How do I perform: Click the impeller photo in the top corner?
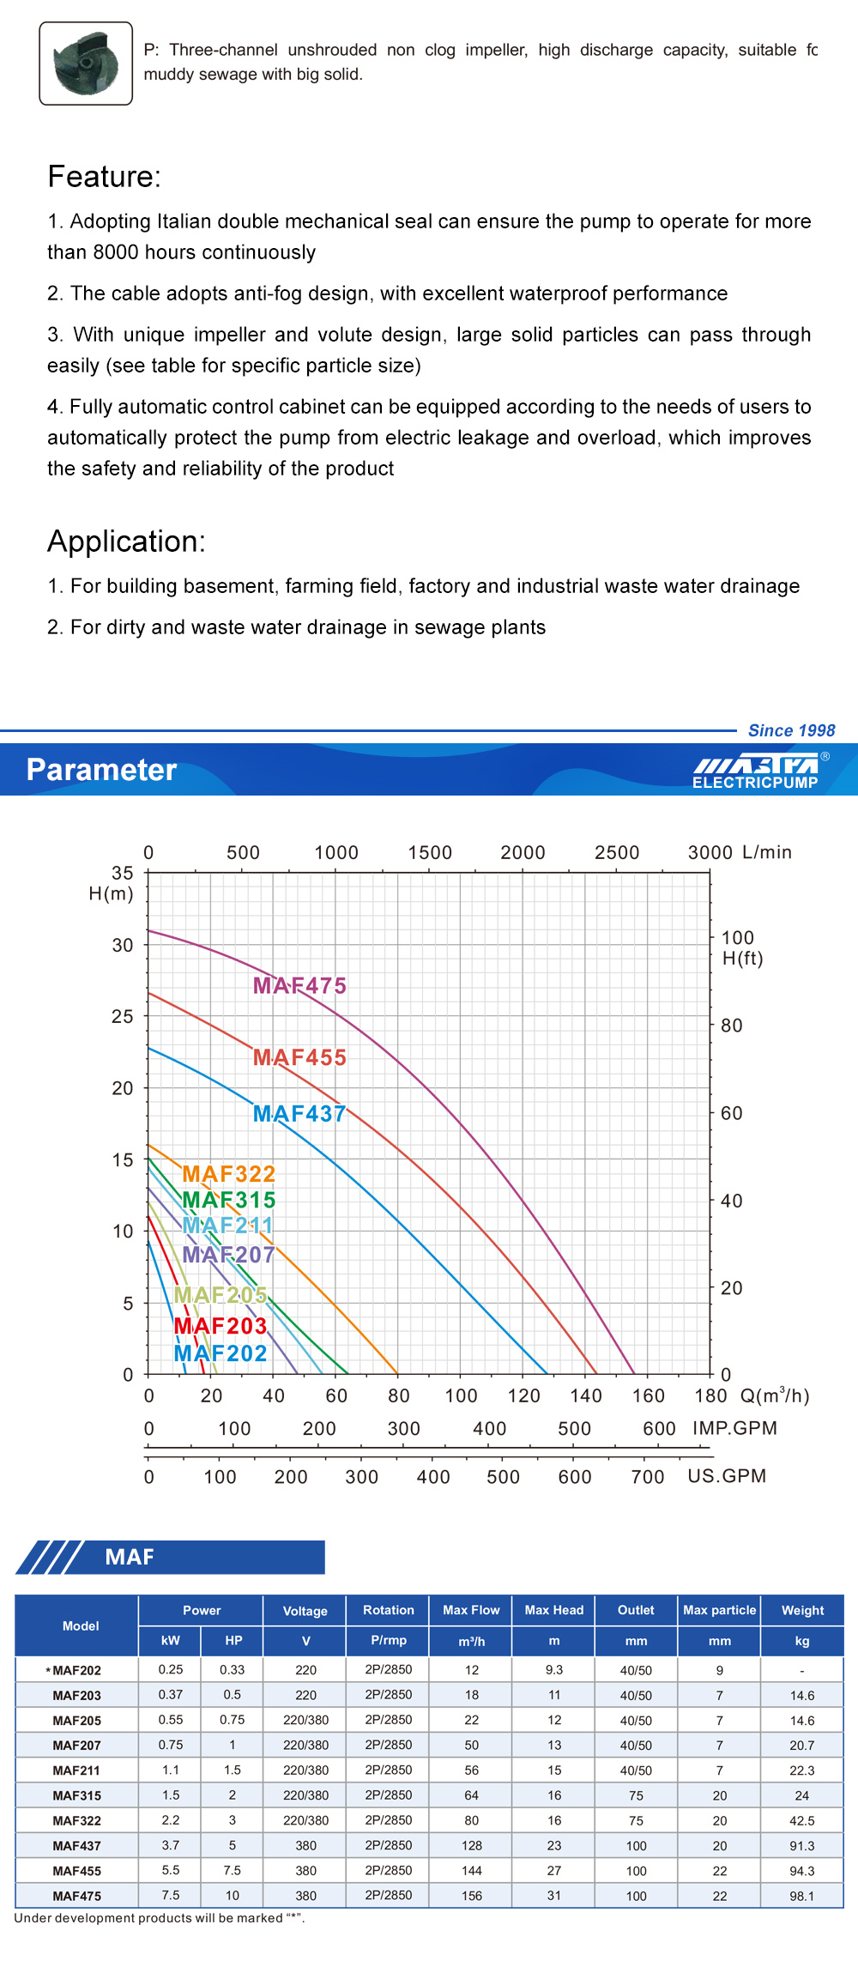[x=86, y=64]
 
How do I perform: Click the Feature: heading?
[x=104, y=177]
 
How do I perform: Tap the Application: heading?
[x=126, y=542]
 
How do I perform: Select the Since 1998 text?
[x=791, y=730]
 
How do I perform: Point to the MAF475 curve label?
[x=299, y=985]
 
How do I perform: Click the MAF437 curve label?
[x=299, y=1114]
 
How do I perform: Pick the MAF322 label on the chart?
[x=228, y=1174]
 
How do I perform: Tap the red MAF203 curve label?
[x=221, y=1326]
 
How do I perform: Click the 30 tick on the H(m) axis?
[x=123, y=945]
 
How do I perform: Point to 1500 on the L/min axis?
[x=430, y=853]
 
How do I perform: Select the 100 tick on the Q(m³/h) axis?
[x=461, y=1395]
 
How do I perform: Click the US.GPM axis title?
[x=727, y=1476]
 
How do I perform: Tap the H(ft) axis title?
[x=742, y=959]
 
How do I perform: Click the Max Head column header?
[x=553, y=1610]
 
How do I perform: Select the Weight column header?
[x=802, y=1610]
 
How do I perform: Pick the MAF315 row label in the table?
[x=76, y=1795]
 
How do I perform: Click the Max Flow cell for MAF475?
[x=471, y=1896]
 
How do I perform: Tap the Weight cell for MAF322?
[x=802, y=1820]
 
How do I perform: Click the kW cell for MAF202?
[x=170, y=1669]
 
